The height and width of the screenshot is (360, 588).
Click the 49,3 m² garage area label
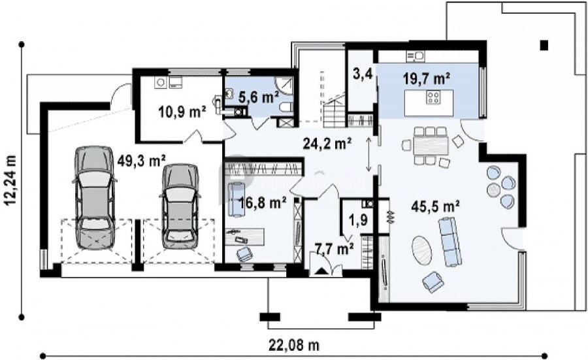(x=141, y=161)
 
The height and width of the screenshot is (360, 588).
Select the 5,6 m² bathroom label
(x=259, y=97)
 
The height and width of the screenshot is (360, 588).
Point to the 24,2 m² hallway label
(x=327, y=143)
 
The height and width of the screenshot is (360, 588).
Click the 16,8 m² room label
(x=263, y=203)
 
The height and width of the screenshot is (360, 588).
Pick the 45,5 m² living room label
(x=436, y=206)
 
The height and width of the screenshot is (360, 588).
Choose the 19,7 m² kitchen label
(x=427, y=78)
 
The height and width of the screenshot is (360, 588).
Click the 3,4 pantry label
(x=363, y=74)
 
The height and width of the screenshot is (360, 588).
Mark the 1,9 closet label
(x=358, y=220)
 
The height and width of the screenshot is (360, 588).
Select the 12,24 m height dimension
(x=11, y=180)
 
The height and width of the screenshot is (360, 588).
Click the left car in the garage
(x=93, y=197)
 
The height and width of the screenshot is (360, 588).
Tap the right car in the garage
(x=180, y=206)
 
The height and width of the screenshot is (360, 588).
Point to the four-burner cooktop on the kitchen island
(x=433, y=97)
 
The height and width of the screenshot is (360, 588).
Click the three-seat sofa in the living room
(x=449, y=242)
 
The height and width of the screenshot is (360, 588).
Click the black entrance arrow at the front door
(x=320, y=272)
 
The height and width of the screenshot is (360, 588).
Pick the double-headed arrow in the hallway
(x=369, y=154)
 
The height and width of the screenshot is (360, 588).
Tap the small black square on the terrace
(x=544, y=45)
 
